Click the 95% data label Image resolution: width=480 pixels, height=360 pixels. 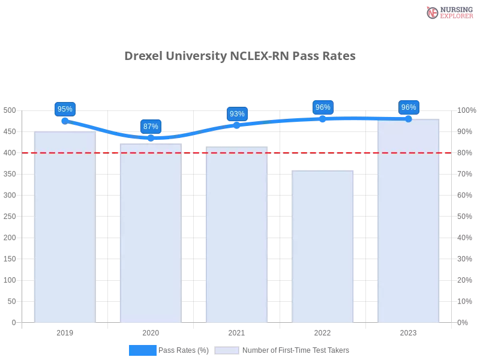(64, 109)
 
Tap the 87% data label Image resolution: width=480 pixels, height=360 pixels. (151, 127)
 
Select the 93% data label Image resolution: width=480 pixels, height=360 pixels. (237, 114)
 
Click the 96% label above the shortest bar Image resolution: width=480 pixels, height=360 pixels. (323, 107)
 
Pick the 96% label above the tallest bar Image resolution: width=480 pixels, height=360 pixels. (409, 107)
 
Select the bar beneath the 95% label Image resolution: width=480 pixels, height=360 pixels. (65, 228)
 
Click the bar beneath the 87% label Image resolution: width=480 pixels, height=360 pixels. (151, 234)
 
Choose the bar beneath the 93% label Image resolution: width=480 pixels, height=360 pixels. (237, 234)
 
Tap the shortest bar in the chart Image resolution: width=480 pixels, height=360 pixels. (323, 246)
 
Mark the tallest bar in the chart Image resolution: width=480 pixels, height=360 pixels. (409, 222)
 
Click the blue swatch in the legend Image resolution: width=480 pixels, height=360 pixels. (143, 350)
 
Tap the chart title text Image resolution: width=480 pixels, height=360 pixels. (242, 56)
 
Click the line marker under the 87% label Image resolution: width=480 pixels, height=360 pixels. (151, 138)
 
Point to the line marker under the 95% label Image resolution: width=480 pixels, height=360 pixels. (64, 119)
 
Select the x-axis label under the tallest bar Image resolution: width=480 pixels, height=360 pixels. (409, 331)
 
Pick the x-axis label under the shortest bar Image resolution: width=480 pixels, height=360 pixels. (323, 331)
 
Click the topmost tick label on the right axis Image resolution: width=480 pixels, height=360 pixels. (467, 110)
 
